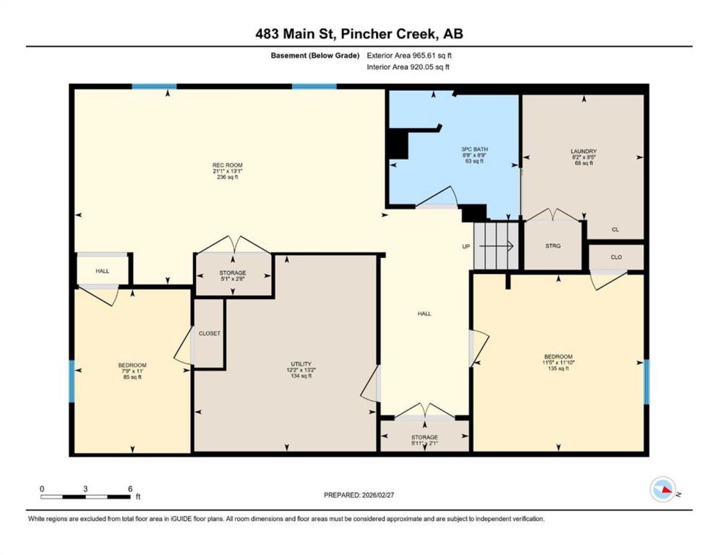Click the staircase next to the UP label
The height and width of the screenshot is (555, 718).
pyautogui.click(x=496, y=246)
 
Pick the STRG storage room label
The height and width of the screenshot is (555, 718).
pyautogui.click(x=553, y=246)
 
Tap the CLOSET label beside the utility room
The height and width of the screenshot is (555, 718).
pyautogui.click(x=209, y=334)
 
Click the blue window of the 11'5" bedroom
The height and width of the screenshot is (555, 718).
pyautogui.click(x=647, y=382)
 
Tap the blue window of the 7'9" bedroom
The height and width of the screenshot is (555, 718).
pyautogui.click(x=71, y=381)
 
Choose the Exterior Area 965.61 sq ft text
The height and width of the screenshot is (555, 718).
pyautogui.click(x=409, y=55)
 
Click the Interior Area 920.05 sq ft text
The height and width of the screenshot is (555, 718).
pyautogui.click(x=408, y=67)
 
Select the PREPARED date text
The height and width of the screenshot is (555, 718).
pyautogui.click(x=359, y=495)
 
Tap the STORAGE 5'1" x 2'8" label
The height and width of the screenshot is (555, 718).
pyautogui.click(x=232, y=275)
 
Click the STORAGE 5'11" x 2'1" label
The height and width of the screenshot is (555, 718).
pyautogui.click(x=425, y=440)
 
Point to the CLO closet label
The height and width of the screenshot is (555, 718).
pyautogui.click(x=616, y=257)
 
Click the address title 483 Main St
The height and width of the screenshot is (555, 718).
pyautogui.click(x=296, y=34)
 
